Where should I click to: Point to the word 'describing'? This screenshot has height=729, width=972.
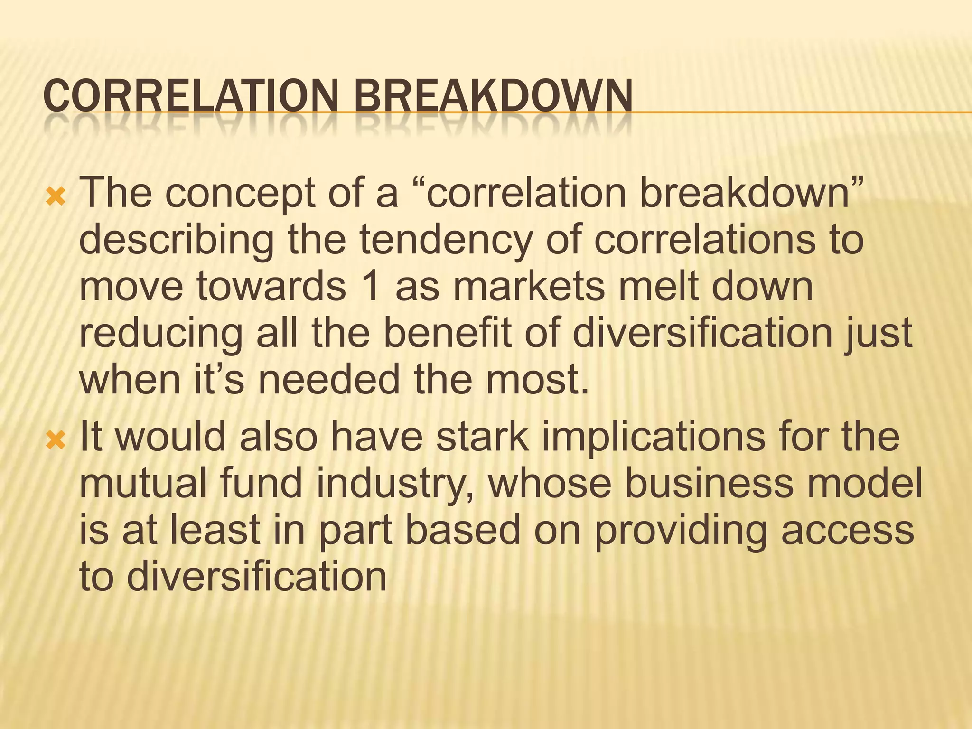tap(176, 241)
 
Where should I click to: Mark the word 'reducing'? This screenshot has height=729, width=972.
tap(161, 334)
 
